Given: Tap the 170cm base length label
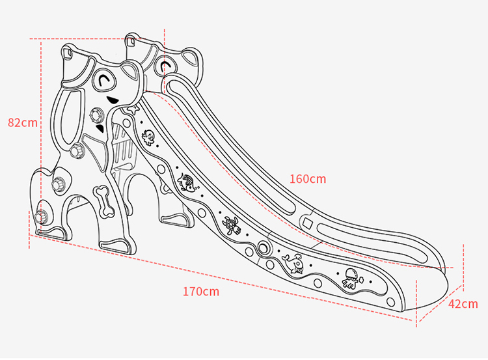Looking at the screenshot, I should tap(200, 291).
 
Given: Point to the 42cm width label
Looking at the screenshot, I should tap(463, 304).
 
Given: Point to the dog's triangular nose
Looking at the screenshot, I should tap(113, 102).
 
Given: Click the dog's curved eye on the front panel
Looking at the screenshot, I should tap(104, 80).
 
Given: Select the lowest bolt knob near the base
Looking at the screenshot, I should tap(42, 216).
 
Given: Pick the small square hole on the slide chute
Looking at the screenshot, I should tap(307, 225).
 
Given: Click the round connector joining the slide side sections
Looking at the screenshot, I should tap(264, 247).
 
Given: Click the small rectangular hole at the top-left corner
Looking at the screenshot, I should tap(67, 50).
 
